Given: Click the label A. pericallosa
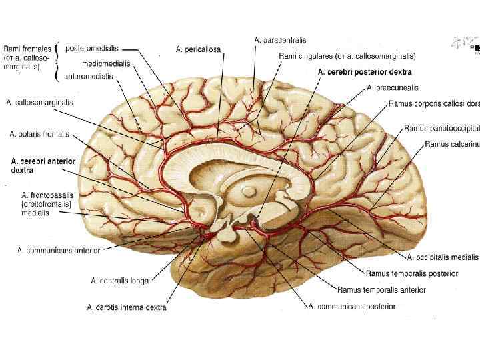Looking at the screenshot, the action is tap(198, 49).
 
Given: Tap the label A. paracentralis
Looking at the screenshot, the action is tap(281, 40).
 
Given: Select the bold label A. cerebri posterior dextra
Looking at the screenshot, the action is tap(365, 72).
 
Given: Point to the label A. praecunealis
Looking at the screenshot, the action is tap(393, 87).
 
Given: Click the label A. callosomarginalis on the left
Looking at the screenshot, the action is tap(39, 103).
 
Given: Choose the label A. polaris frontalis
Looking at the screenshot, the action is tap(39, 134).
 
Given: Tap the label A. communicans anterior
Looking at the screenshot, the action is tap(59, 251).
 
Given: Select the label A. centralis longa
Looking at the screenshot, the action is tap(120, 281).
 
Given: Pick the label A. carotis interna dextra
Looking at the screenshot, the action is tap(127, 307).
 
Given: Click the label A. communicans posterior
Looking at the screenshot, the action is tap(351, 307).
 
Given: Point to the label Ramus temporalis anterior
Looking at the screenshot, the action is tap(381, 290).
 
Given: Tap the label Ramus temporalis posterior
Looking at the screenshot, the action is tap(411, 273).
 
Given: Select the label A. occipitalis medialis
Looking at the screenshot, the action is tap(443, 257).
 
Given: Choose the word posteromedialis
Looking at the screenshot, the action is tap(92, 48).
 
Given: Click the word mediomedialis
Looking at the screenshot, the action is tap(106, 63).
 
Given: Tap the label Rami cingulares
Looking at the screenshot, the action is tap(347, 56).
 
